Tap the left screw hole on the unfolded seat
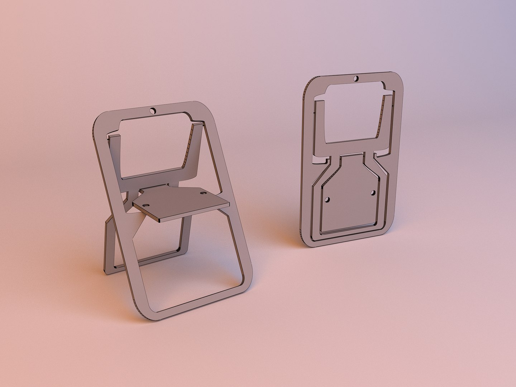pyautogui.click(x=146, y=205)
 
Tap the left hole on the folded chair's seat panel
pyautogui.click(x=328, y=199)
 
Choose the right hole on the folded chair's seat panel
pyautogui.click(x=373, y=193)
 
